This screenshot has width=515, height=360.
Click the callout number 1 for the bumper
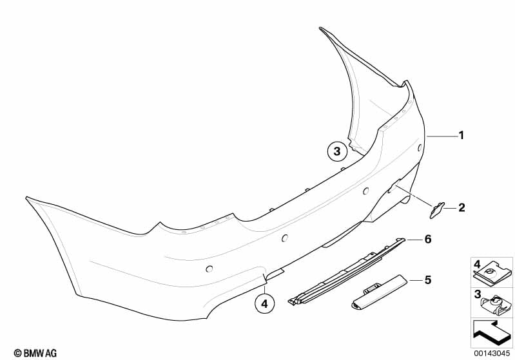[x=461, y=135]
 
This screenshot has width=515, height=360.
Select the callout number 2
[x=462, y=207]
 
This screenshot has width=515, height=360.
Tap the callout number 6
[x=427, y=239]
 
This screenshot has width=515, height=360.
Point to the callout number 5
[x=427, y=280]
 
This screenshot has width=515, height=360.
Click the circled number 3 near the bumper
[x=337, y=151]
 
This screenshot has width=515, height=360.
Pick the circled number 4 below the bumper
[x=264, y=304]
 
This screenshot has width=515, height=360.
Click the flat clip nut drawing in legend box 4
[x=492, y=275]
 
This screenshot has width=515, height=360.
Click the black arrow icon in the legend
[x=492, y=334]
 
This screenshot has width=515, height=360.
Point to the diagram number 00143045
[x=492, y=354]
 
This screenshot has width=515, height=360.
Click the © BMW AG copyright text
[x=35, y=353]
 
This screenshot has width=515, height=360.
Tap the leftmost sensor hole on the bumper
[x=209, y=269]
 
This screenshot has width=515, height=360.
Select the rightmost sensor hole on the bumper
[x=420, y=147]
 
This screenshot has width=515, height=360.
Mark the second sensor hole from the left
[x=284, y=238]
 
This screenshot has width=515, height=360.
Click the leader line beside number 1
[x=442, y=136]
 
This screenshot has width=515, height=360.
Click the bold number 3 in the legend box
[x=478, y=294]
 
